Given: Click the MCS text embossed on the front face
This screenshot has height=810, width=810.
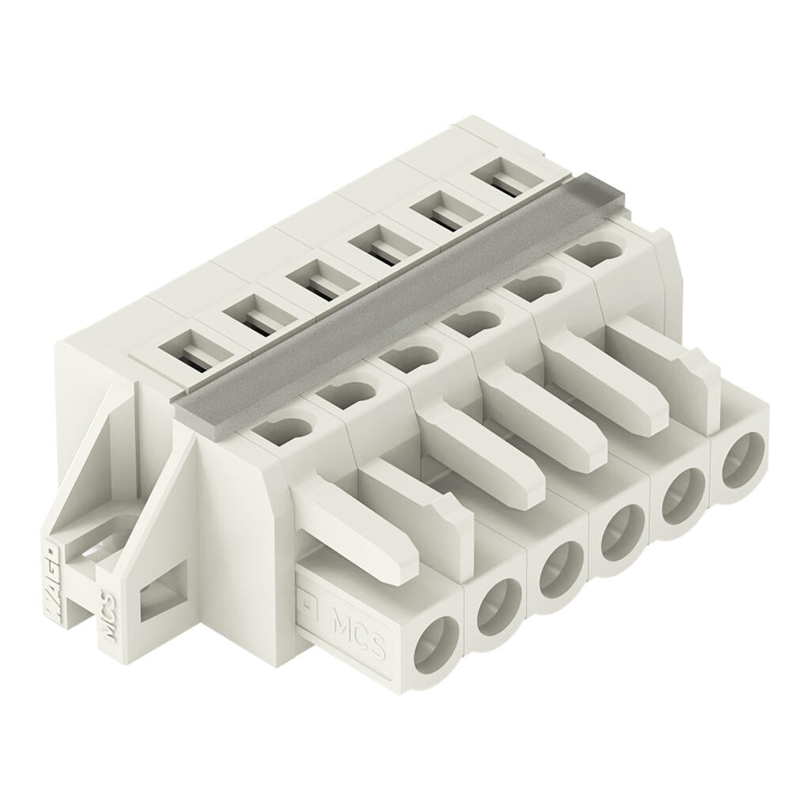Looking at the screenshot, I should click(358, 630).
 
